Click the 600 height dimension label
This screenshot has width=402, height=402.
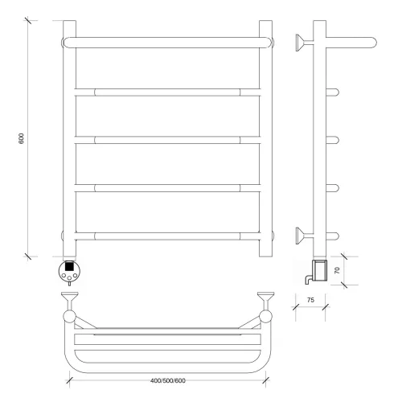(21, 138)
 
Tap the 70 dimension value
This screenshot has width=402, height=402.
(337, 270)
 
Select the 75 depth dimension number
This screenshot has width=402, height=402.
(310, 300)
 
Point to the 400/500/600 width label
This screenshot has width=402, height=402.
(168, 380)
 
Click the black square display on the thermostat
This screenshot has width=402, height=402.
(69, 267)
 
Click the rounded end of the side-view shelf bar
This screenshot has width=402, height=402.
(373, 43)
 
